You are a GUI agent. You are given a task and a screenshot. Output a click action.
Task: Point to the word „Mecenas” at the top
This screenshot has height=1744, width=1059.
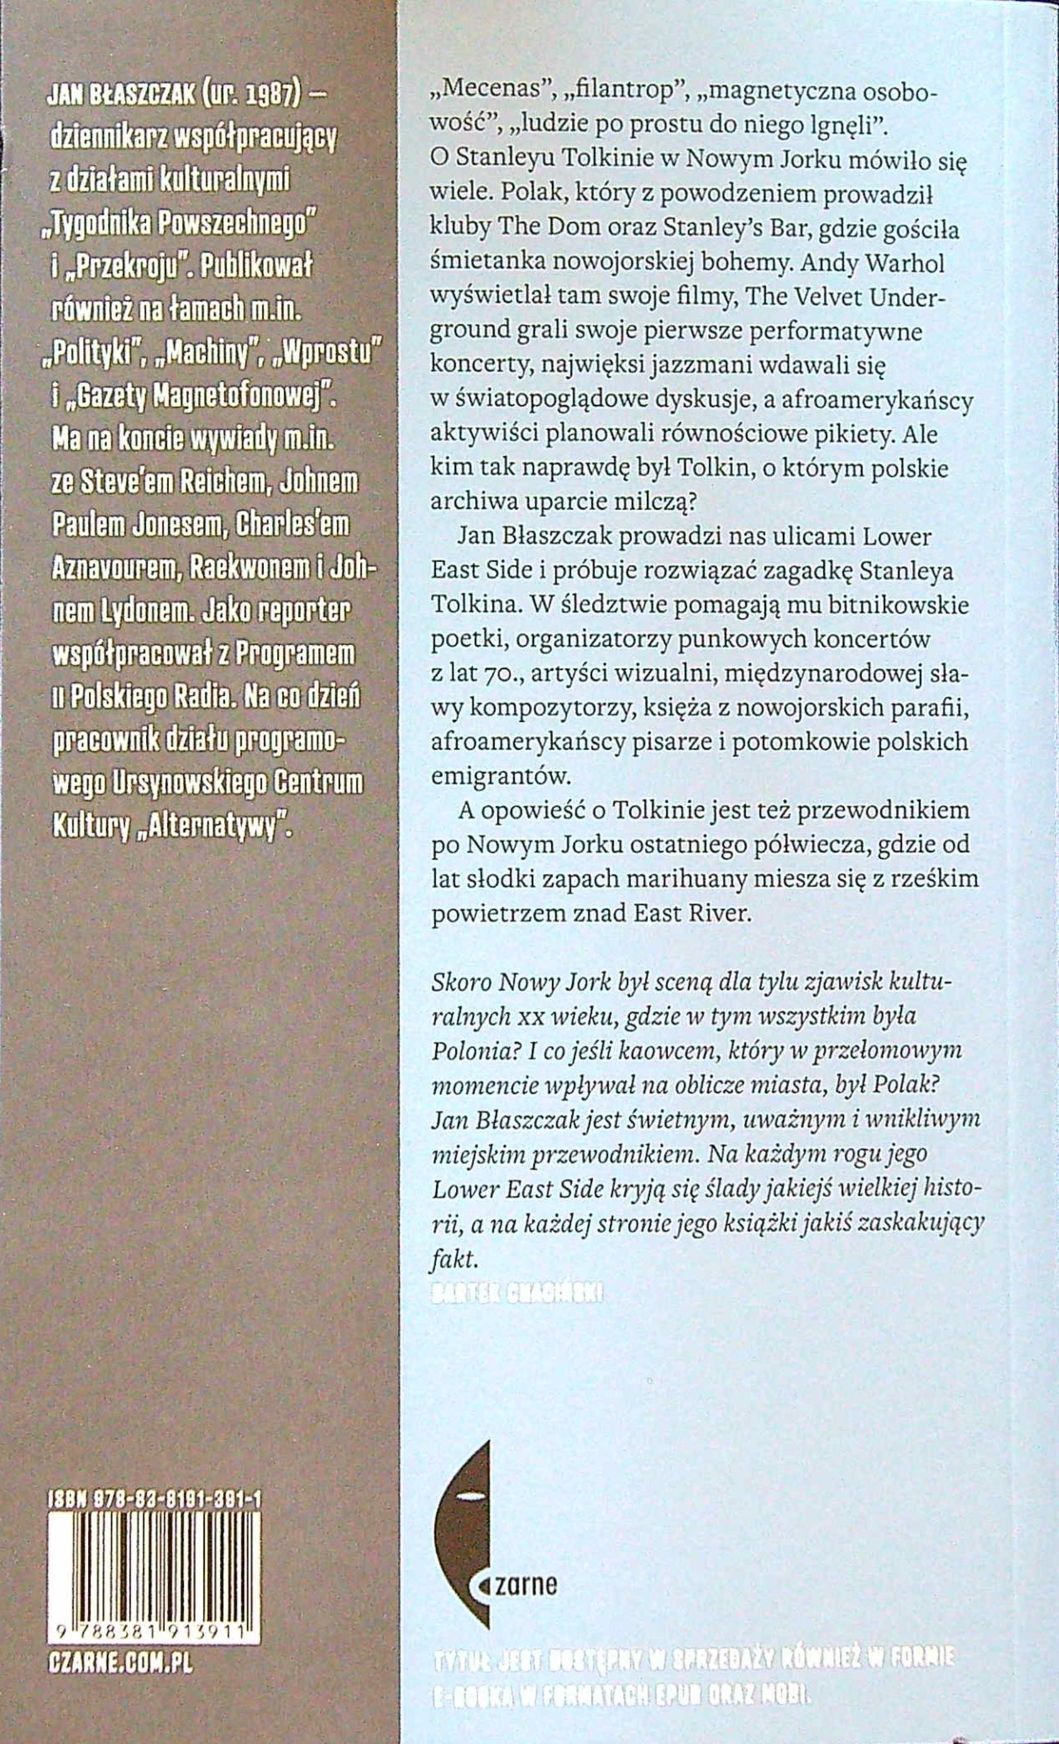(479, 92)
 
